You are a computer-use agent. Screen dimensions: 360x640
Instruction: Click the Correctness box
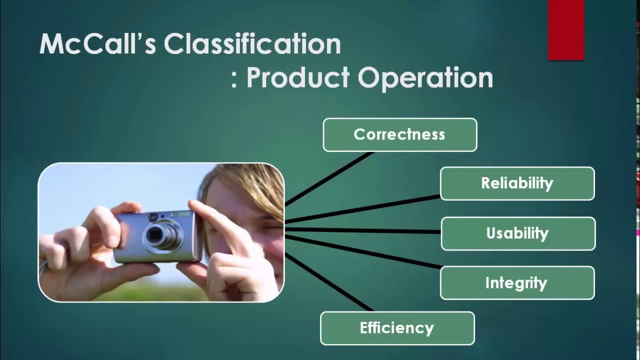tap(400, 134)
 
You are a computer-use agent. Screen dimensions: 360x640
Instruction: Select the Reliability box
tap(517, 183)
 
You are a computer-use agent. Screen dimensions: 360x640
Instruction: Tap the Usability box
tap(518, 233)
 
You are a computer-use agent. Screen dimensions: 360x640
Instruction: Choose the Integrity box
tap(517, 283)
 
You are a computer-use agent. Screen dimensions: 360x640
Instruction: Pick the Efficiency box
tap(397, 328)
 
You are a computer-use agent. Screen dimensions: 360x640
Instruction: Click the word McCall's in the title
tap(97, 44)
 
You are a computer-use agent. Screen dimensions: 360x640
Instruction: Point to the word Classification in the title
tap(252, 44)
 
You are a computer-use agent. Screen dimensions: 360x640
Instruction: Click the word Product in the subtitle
tap(297, 77)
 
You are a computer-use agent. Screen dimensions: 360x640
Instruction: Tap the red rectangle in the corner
tap(566, 30)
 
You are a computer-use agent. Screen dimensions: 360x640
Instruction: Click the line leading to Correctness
tap(330, 178)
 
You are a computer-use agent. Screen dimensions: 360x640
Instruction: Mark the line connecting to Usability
tap(362, 230)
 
